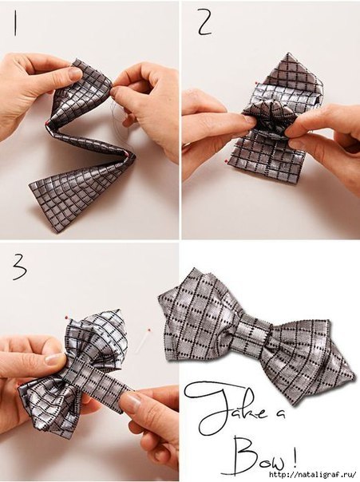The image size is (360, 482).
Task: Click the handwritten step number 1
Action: [14, 23]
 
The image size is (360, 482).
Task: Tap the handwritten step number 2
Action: [205, 22]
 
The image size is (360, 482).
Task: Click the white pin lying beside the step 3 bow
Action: [145, 342]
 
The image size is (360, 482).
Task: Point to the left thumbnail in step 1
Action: [73, 73]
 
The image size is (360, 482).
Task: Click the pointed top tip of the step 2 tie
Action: [288, 54]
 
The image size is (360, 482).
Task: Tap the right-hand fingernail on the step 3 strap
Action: [132, 401]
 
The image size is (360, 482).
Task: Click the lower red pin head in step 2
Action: [227, 160]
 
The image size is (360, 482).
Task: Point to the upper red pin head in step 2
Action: [255, 83]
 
